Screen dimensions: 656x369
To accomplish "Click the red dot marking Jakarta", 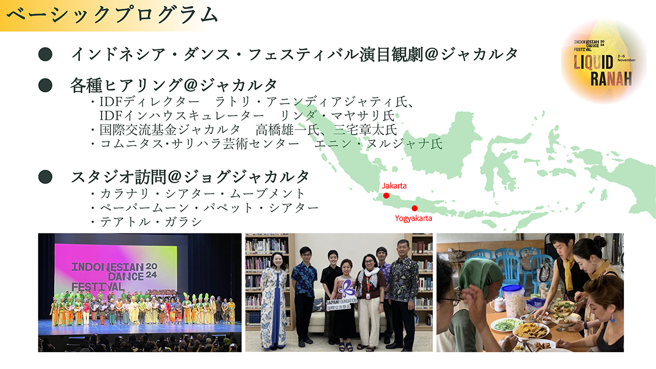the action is (386, 195).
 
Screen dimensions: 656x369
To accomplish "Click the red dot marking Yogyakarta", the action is (414, 208).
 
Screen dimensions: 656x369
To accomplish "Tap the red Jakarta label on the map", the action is (394, 186).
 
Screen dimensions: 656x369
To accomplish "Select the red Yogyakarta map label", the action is (413, 218).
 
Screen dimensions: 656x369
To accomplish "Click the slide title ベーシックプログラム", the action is (112, 15).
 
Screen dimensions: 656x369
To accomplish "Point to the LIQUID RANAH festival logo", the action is (604, 62).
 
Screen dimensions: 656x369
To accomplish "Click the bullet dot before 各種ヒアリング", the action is (45, 85).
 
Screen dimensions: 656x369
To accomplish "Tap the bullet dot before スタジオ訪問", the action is (45, 177).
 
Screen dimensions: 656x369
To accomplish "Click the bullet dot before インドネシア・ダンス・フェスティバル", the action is (45, 54).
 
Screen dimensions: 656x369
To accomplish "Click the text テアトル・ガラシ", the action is (151, 222).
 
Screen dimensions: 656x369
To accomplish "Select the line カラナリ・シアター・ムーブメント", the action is (202, 194).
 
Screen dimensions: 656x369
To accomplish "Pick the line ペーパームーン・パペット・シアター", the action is (209, 208).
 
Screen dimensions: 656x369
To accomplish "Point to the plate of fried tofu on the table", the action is (531, 331).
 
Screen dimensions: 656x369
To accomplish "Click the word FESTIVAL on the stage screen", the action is (98, 286).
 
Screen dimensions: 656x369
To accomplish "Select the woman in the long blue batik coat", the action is (273, 300).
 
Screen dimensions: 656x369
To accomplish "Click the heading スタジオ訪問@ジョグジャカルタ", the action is (190, 177).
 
